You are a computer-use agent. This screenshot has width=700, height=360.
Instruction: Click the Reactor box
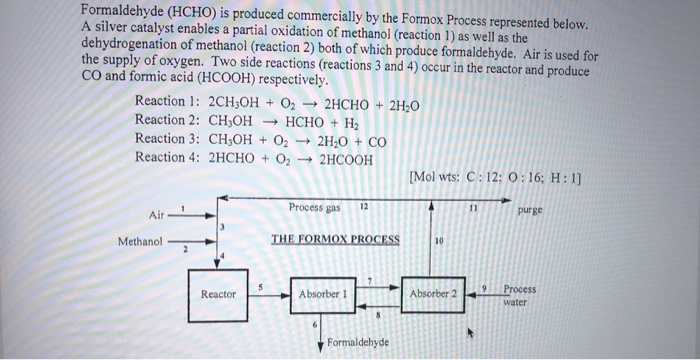pyautogui.click(x=218, y=294)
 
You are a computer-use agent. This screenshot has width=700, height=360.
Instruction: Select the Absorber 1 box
pyautogui.click(x=323, y=294)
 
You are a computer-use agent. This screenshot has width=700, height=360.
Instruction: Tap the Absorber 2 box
pyautogui.click(x=433, y=294)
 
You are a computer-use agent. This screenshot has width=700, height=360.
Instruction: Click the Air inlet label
pyautogui.click(x=157, y=215)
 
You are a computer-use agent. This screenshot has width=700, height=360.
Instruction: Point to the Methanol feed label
pyautogui.click(x=139, y=241)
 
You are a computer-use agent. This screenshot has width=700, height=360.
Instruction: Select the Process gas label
pyautogui.click(x=314, y=207)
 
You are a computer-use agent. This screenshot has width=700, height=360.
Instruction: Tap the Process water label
pyautogui.click(x=518, y=294)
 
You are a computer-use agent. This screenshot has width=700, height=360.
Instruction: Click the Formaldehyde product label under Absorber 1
pyautogui.click(x=358, y=343)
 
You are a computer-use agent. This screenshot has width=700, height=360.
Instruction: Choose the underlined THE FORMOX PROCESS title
pyautogui.click(x=335, y=239)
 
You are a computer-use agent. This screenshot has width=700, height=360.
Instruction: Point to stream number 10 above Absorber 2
pyautogui.click(x=439, y=241)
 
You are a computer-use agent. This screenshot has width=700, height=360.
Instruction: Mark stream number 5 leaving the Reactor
pyautogui.click(x=261, y=286)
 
